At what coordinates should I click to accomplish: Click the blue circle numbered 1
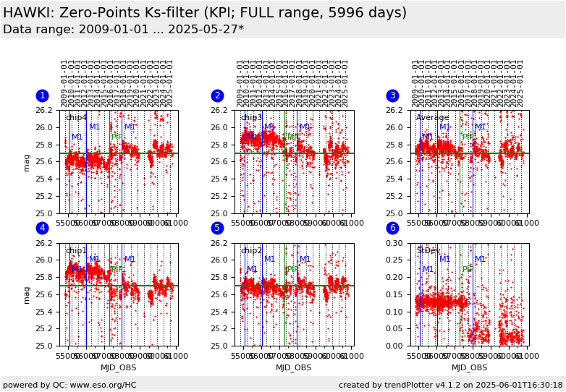coord(42,95)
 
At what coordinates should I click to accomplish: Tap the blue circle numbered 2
coord(217,95)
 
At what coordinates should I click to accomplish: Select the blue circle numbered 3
coord(392,95)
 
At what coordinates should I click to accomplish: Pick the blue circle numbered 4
coord(42,228)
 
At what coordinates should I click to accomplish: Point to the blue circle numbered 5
coord(217,228)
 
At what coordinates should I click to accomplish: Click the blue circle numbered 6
coord(392,228)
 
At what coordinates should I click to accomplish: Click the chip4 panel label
coord(76,118)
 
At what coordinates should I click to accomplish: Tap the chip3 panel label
coord(251,118)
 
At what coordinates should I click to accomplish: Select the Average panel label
coord(432,118)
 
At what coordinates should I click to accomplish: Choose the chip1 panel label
coord(76,251)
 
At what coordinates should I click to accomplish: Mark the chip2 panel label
coord(251,251)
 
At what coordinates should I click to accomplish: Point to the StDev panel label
coord(428,251)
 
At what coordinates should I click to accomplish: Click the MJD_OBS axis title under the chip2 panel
coord(293,368)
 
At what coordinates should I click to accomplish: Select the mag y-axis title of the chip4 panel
coord(27,162)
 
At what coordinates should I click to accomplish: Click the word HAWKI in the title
coord(28,13)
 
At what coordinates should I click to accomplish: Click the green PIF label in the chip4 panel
coord(117,137)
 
